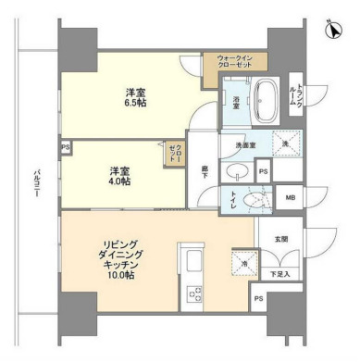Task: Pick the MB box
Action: [x=289, y=198]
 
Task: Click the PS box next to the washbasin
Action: [x=263, y=171]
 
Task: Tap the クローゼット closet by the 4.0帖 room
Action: [x=174, y=152]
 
